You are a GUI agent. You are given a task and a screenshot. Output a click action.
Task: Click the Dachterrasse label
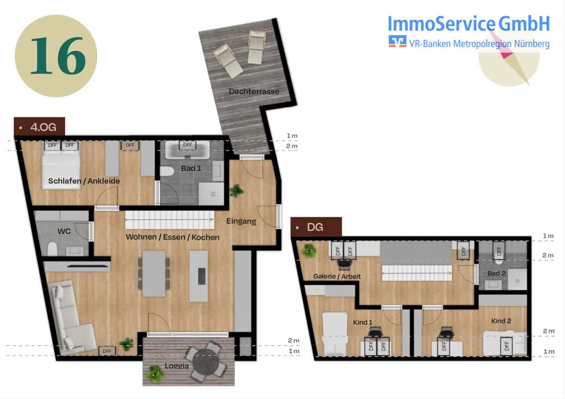point(254,91)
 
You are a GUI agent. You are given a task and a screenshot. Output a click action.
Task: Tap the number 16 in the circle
point(58,56)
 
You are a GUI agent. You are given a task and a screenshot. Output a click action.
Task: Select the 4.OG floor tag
point(40,127)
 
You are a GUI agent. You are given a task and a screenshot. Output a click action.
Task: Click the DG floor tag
point(316,227)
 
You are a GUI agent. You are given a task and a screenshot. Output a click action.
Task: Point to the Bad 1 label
point(191,168)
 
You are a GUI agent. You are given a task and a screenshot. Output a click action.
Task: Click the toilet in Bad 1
point(167,171)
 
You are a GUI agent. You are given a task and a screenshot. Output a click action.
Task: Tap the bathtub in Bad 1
point(187,150)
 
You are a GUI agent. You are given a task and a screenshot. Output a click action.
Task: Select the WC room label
point(64,231)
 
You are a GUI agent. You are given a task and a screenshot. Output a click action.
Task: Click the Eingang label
point(241,221)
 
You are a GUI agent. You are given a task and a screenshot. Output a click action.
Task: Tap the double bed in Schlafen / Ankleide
point(61,168)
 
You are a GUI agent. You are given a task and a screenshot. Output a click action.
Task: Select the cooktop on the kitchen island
point(202,276)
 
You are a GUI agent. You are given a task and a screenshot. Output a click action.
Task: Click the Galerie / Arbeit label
point(337,276)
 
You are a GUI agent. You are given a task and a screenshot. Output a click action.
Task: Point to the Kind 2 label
point(501,321)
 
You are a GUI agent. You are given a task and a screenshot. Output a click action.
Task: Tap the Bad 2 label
point(496,273)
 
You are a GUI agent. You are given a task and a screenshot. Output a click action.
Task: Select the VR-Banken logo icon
point(397,41)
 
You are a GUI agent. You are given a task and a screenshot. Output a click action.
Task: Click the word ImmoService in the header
point(441,24)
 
